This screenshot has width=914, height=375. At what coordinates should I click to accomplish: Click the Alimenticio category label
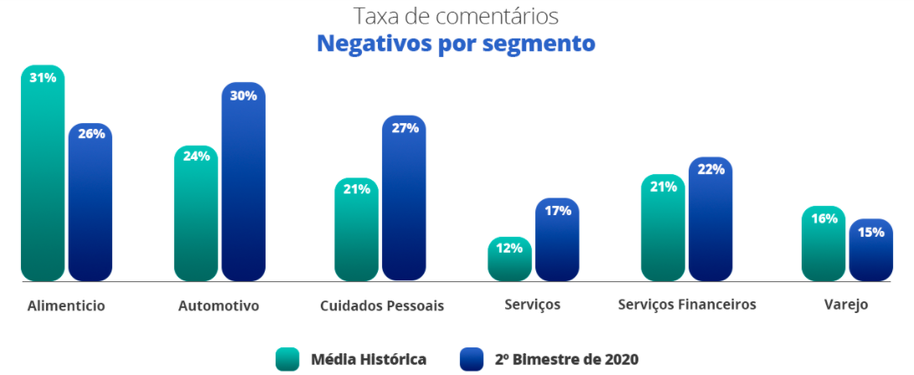click(66, 306)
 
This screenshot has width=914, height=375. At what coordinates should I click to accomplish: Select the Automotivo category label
click(219, 306)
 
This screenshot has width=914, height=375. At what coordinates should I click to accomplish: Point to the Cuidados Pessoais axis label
click(382, 306)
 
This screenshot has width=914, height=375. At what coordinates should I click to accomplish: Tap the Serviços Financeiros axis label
click(687, 305)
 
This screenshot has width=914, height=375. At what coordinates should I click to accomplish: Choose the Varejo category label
click(847, 306)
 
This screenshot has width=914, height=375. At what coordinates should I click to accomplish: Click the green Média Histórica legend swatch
click(287, 359)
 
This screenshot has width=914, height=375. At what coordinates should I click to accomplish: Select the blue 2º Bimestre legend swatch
click(472, 359)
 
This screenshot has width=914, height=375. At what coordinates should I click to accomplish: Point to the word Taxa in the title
click(374, 16)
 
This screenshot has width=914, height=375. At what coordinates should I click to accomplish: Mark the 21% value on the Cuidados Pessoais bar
click(356, 188)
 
